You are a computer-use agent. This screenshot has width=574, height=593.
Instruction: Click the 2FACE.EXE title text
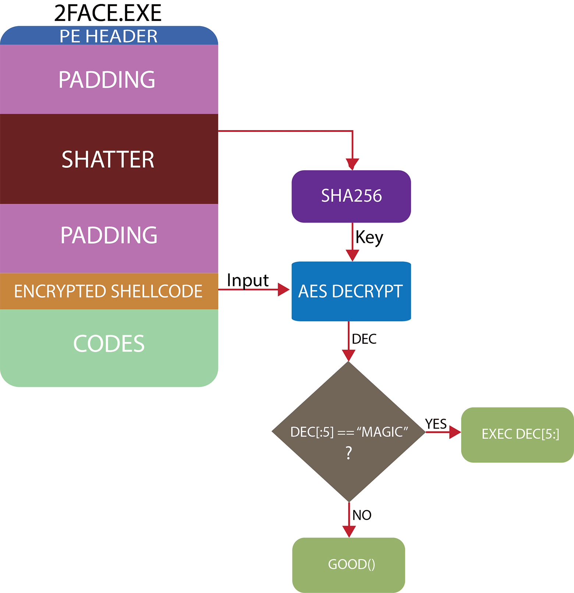108,13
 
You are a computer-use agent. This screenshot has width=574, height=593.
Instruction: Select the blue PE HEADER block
109,36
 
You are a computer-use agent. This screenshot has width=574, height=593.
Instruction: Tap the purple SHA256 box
351,196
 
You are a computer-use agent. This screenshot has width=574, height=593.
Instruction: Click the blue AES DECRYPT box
351,291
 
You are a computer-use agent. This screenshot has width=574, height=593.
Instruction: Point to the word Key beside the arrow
369,237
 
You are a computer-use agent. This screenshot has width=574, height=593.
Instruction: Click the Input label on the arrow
248,280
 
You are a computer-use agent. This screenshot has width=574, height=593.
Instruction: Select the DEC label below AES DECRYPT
364,339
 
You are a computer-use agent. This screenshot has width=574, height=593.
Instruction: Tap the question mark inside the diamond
349,452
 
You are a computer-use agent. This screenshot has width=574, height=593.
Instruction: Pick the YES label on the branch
436,424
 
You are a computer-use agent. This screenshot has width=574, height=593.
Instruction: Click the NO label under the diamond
362,515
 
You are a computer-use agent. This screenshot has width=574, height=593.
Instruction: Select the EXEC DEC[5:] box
517,435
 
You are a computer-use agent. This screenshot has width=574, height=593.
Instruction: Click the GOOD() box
349,565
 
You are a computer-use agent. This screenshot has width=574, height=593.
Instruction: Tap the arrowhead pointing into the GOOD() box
349,531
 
